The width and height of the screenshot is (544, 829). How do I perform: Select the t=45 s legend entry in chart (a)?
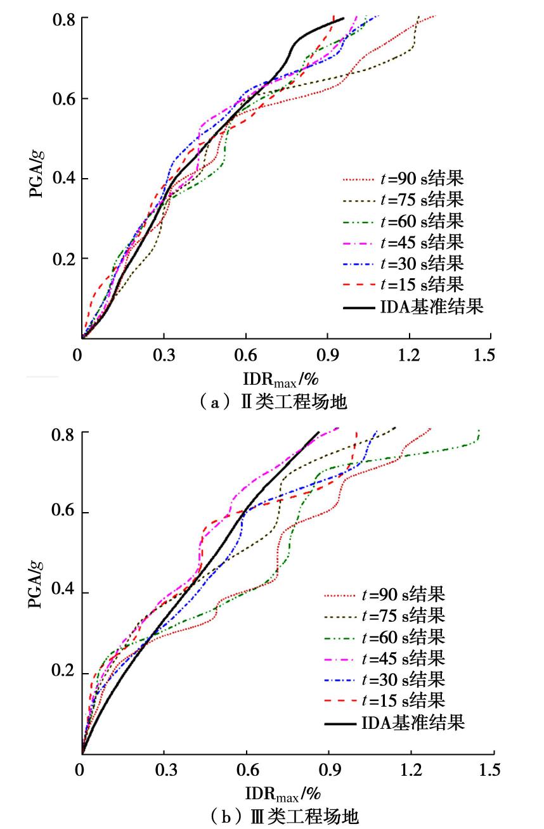(x=403, y=241)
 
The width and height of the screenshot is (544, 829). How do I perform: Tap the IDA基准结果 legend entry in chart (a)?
(x=413, y=307)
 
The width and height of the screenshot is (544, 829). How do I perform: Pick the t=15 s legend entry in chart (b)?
(x=384, y=700)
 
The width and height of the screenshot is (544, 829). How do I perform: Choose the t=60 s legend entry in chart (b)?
(x=384, y=636)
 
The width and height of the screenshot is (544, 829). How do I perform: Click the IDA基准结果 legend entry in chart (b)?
(x=394, y=722)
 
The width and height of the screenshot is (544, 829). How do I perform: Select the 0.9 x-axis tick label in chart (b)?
(x=328, y=770)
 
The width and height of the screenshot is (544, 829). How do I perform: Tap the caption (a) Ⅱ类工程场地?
(x=275, y=402)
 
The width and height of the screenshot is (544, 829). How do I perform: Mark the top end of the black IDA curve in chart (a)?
(x=343, y=18)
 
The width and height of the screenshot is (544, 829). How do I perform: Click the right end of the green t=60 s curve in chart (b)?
(x=479, y=431)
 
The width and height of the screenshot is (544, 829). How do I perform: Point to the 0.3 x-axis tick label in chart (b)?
(x=164, y=770)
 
